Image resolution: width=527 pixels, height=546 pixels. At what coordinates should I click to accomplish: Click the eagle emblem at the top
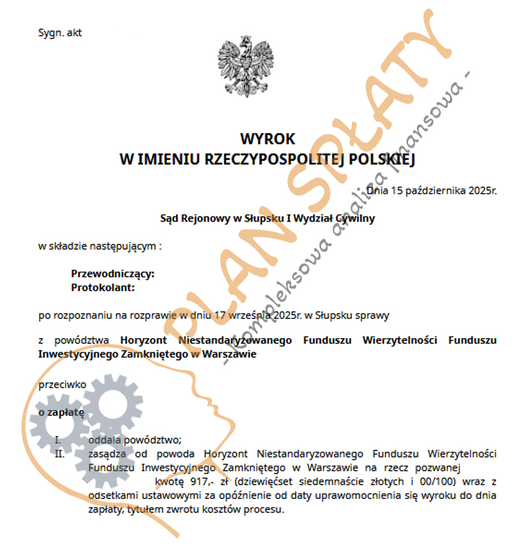tap(244, 66)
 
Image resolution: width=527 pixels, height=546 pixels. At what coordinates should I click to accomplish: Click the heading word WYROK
tap(267, 139)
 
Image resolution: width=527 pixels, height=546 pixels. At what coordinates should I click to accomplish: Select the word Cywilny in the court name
tap(354, 218)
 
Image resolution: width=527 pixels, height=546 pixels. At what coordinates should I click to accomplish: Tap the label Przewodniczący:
tap(112, 274)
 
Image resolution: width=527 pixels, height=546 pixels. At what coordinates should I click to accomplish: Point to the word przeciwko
tap(62, 384)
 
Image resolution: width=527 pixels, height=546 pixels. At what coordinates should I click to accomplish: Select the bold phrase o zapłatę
tap(61, 411)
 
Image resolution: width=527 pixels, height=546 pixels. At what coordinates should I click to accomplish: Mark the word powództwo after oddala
tap(154, 440)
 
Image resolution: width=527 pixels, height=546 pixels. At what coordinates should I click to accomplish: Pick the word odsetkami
tap(112, 495)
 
